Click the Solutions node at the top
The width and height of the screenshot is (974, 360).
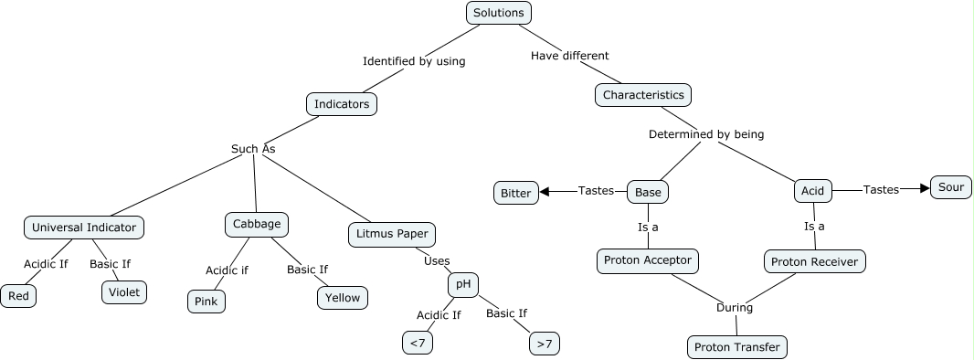(x=498, y=13)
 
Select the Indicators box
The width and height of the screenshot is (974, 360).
(x=342, y=104)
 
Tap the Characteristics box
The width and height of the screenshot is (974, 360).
(x=643, y=94)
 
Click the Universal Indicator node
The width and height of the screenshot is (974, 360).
(x=84, y=228)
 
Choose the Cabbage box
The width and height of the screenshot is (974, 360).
(x=257, y=224)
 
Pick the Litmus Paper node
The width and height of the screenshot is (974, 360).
(x=392, y=234)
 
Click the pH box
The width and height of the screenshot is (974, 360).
(x=463, y=284)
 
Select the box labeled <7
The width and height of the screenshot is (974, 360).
(x=417, y=343)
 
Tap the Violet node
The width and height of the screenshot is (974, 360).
(x=123, y=291)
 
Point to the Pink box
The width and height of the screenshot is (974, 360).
(x=206, y=301)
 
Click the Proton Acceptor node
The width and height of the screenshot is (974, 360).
(x=649, y=260)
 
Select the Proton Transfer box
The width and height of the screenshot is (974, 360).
(x=736, y=347)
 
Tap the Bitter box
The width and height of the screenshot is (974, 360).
(x=515, y=193)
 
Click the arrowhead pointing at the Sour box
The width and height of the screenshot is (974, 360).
(x=924, y=189)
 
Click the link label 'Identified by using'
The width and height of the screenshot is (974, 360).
(x=414, y=61)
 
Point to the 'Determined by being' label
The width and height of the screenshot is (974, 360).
(x=705, y=134)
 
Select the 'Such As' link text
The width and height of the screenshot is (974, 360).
(x=253, y=149)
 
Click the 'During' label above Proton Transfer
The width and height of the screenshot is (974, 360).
(x=734, y=308)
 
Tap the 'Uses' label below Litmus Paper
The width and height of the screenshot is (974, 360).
(x=437, y=261)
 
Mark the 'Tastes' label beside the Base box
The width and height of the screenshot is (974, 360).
(x=596, y=191)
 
